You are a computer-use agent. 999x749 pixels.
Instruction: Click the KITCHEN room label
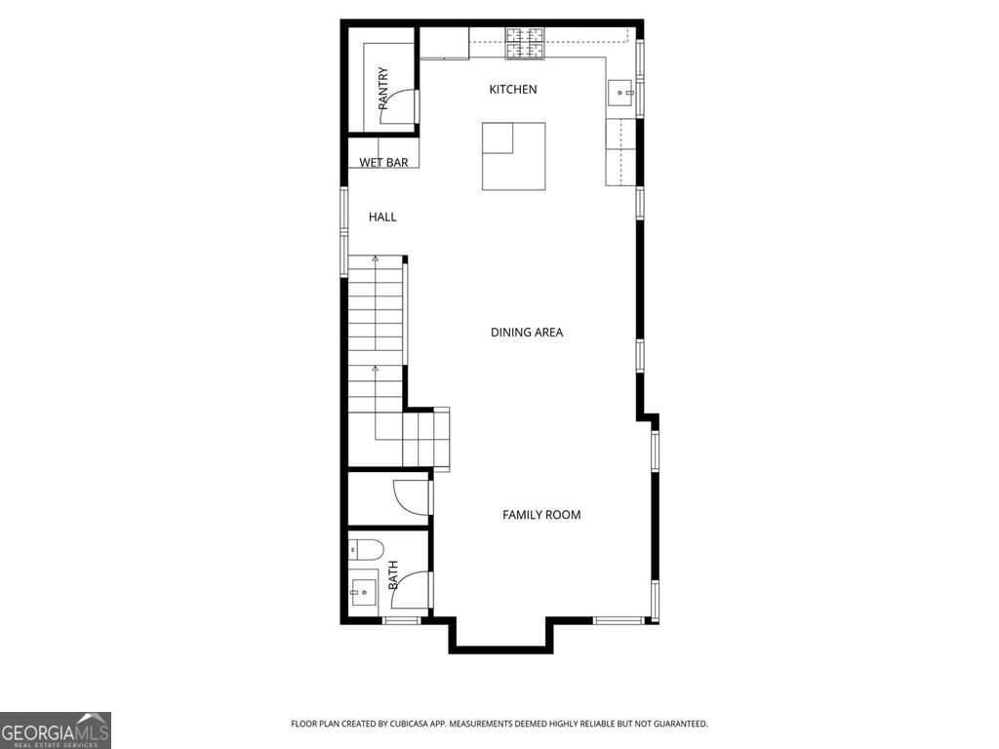tap(512, 90)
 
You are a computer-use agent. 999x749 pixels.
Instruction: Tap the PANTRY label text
tap(383, 87)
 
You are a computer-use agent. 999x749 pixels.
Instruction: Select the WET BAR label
tap(383, 163)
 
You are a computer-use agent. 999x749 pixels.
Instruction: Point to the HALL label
tap(382, 217)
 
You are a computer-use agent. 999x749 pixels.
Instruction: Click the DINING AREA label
tap(526, 333)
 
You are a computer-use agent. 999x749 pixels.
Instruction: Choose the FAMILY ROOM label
tap(541, 515)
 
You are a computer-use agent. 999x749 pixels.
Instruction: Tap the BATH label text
tap(394, 574)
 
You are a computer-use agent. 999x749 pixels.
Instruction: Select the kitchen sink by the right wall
tap(620, 94)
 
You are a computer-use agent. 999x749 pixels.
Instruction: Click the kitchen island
tap(513, 156)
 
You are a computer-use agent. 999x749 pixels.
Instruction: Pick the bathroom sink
tap(363, 591)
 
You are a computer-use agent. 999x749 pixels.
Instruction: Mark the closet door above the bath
tap(411, 496)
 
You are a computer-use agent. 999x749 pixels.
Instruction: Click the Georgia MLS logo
tap(56, 729)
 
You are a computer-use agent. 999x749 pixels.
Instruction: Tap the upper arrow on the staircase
tap(375, 261)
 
